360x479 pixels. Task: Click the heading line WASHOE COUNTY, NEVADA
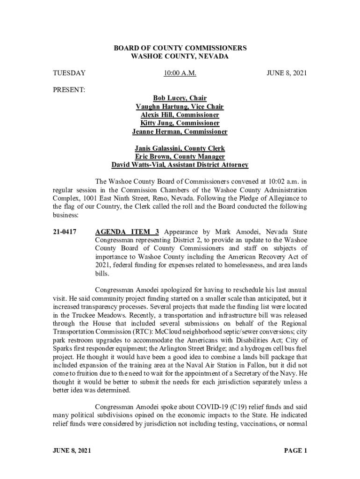pyautogui.click(x=180, y=56)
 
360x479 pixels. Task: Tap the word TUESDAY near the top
pyautogui.click(x=69, y=73)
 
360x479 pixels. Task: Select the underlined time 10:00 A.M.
pyautogui.click(x=180, y=73)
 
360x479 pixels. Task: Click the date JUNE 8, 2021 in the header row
pyautogui.click(x=287, y=73)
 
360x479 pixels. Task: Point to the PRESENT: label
pyautogui.click(x=69, y=89)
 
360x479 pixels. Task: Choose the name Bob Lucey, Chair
pyautogui.click(x=180, y=98)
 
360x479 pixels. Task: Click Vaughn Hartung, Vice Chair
pyautogui.click(x=180, y=107)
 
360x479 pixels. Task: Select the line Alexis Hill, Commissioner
pyautogui.click(x=180, y=115)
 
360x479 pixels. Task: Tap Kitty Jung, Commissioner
pyautogui.click(x=180, y=123)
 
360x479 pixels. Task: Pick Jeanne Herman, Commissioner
pyautogui.click(x=180, y=132)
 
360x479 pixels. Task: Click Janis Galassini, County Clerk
pyautogui.click(x=180, y=148)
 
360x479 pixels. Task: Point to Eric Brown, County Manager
pyautogui.click(x=180, y=157)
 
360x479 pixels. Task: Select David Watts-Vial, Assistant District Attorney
pyautogui.click(x=180, y=165)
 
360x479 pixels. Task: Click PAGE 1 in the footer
pyautogui.click(x=295, y=451)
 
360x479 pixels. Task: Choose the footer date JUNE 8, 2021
pyautogui.click(x=72, y=451)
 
